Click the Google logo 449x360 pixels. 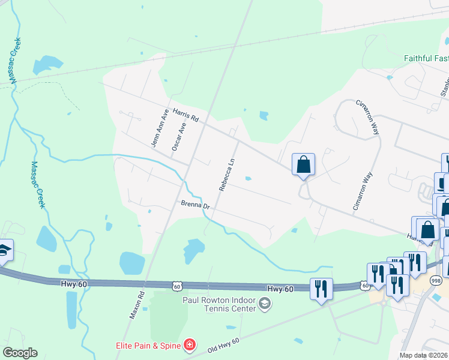(20, 353)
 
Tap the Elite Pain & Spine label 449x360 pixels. (149, 345)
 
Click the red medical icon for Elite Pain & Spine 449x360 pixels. (190, 344)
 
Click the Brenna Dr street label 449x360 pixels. (194, 206)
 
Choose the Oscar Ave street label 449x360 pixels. (177, 137)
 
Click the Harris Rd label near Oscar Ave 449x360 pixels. (185, 115)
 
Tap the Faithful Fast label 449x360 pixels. (426, 58)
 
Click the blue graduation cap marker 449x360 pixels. (4, 251)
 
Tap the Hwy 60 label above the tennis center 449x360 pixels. (280, 289)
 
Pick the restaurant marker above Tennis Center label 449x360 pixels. (321, 289)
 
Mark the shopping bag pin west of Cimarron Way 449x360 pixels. (303, 164)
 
